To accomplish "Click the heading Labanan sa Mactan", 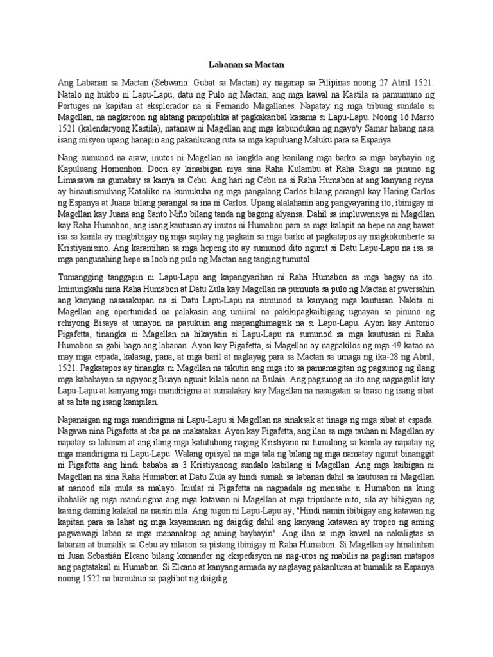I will pyautogui.click(x=246, y=65).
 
